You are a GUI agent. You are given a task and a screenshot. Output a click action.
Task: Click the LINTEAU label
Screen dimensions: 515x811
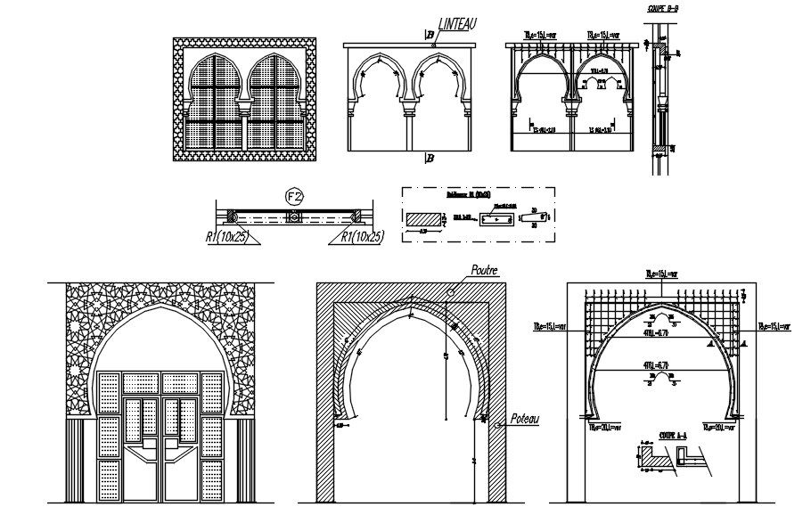[456, 27]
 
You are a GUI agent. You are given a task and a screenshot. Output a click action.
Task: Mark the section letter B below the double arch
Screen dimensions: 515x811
[429, 159]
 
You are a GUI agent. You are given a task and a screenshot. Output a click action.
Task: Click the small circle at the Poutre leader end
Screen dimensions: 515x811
[453, 290]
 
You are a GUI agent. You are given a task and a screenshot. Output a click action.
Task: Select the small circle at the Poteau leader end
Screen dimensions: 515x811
[492, 422]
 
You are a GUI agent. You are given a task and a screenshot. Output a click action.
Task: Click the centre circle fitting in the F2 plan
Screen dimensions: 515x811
[291, 217]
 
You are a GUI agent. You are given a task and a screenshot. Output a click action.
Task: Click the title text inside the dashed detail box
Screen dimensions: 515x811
[469, 193]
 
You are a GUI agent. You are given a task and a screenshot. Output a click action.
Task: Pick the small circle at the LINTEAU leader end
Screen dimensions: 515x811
[431, 41]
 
